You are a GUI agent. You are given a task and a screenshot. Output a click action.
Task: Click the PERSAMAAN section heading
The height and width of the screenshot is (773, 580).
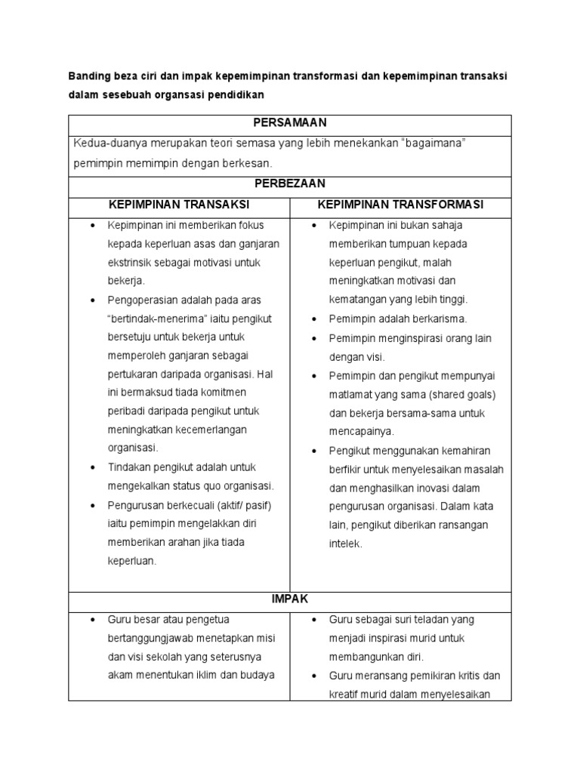click(x=289, y=123)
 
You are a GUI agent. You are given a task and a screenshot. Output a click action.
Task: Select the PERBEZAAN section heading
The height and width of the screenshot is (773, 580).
click(x=289, y=183)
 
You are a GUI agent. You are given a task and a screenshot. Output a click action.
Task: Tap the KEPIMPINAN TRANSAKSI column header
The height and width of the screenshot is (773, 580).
click(x=179, y=205)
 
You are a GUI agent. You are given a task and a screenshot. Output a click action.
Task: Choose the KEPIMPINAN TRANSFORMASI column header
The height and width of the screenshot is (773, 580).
click(x=401, y=205)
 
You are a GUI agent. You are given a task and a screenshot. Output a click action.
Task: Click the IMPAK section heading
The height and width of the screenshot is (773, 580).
click(x=289, y=599)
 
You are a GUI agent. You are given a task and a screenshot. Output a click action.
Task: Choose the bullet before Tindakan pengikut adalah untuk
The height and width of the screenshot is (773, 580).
click(x=92, y=467)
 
